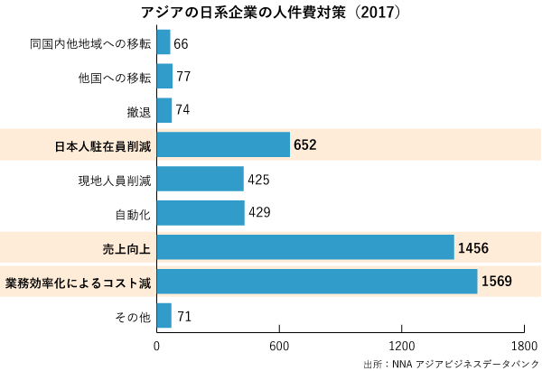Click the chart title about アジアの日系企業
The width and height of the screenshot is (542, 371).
[x=271, y=13]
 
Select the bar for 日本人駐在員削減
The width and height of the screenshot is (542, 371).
[x=223, y=144]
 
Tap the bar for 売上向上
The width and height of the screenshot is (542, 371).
[x=305, y=247]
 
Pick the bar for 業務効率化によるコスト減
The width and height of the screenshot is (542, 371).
[x=317, y=281]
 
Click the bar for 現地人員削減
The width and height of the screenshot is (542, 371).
[x=201, y=179]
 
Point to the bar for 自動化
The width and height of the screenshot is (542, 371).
[x=201, y=213]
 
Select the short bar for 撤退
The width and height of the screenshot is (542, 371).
[x=164, y=110]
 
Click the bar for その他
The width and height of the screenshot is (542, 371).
[x=164, y=316]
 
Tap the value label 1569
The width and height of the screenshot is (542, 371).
[x=497, y=281]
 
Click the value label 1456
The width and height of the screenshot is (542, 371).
[x=473, y=247]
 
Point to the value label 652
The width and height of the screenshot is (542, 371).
[x=305, y=144]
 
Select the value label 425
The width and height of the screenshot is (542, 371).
[x=258, y=179]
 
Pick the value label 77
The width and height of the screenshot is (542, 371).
[x=183, y=76]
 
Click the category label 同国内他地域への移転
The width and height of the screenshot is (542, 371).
[x=89, y=42]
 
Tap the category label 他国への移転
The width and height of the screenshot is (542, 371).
[x=114, y=77]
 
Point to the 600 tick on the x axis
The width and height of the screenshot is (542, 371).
[x=279, y=346]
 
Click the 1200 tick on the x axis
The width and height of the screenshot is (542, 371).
[x=401, y=346]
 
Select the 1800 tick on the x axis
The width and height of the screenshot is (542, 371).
[x=523, y=346]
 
